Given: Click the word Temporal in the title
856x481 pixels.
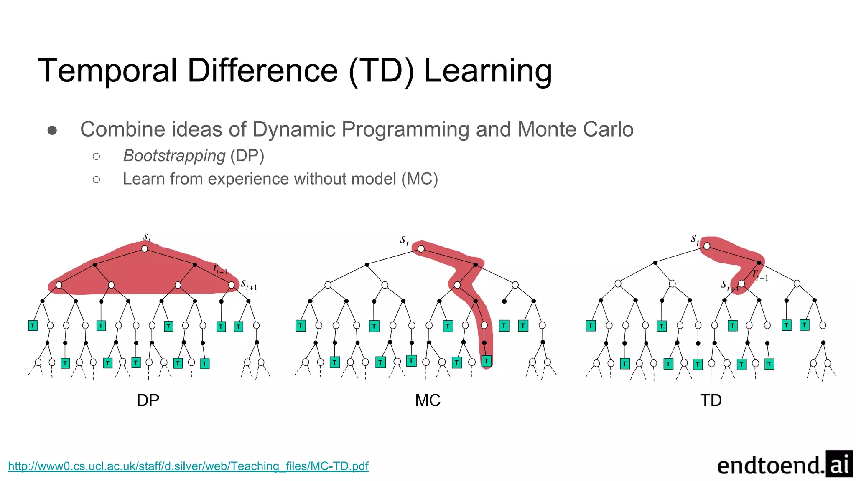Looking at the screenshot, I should [x=108, y=71].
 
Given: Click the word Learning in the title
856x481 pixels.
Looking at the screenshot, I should [x=488, y=71].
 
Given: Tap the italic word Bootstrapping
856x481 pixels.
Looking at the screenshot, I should [x=174, y=156].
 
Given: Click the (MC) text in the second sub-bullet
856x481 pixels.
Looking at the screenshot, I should [x=419, y=179].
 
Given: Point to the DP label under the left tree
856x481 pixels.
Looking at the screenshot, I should [x=148, y=400].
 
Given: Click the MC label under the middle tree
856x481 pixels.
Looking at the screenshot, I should [x=428, y=400].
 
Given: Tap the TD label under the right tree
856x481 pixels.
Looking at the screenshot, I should [x=711, y=400].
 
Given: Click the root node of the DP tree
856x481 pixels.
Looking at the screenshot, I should [x=145, y=249].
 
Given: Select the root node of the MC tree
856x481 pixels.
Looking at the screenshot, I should [x=421, y=249].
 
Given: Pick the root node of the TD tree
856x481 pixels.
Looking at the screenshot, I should [x=707, y=246].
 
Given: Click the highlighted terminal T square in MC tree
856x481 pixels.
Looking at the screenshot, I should [x=486, y=361].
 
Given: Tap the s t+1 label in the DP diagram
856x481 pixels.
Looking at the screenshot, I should [x=249, y=285].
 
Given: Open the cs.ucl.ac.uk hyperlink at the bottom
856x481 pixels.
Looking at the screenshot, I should [x=188, y=466].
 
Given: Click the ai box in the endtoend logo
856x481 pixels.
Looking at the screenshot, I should [x=839, y=464].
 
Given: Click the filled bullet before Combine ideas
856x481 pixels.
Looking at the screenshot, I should [x=52, y=131].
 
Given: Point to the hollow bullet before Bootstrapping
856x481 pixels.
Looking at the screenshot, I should [x=97, y=157].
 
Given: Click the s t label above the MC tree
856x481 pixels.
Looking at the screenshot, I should [x=404, y=240].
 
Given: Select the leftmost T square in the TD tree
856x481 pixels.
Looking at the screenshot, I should [x=590, y=326].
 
